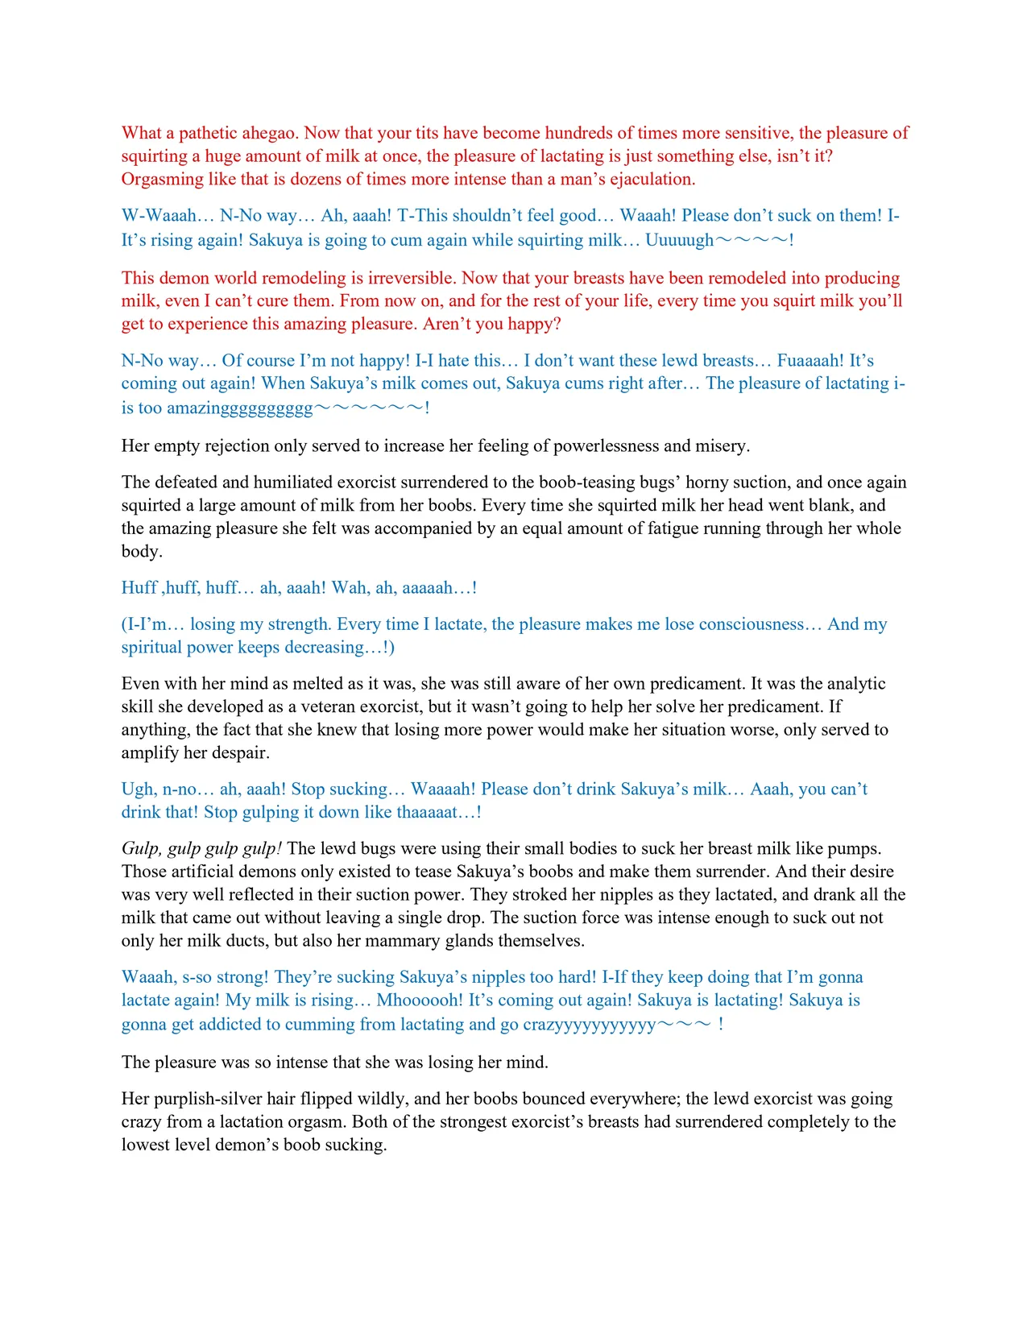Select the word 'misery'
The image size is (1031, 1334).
click(722, 446)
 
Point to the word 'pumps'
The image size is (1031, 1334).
click(855, 848)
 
